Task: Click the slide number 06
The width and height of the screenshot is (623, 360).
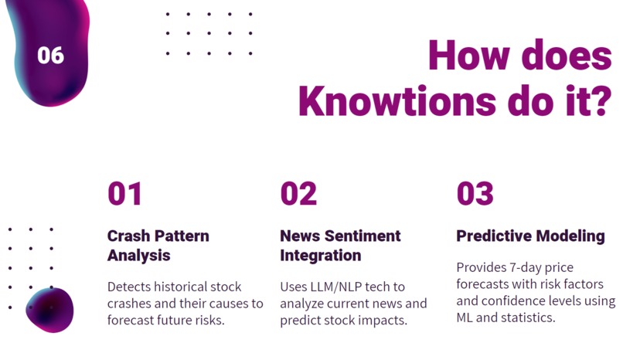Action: coord(50,56)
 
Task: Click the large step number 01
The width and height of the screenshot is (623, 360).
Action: coord(124,194)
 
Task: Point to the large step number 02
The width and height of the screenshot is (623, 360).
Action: coord(298,194)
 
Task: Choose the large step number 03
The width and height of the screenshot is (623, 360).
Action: coord(475,194)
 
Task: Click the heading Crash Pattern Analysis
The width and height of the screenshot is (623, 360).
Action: coord(158,245)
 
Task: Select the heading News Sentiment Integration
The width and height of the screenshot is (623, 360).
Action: coord(340,245)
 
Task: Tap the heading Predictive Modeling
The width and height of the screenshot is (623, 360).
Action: coord(530,236)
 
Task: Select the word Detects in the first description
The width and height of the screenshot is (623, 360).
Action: coord(129,287)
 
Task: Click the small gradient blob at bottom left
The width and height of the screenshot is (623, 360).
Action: coord(51,310)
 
